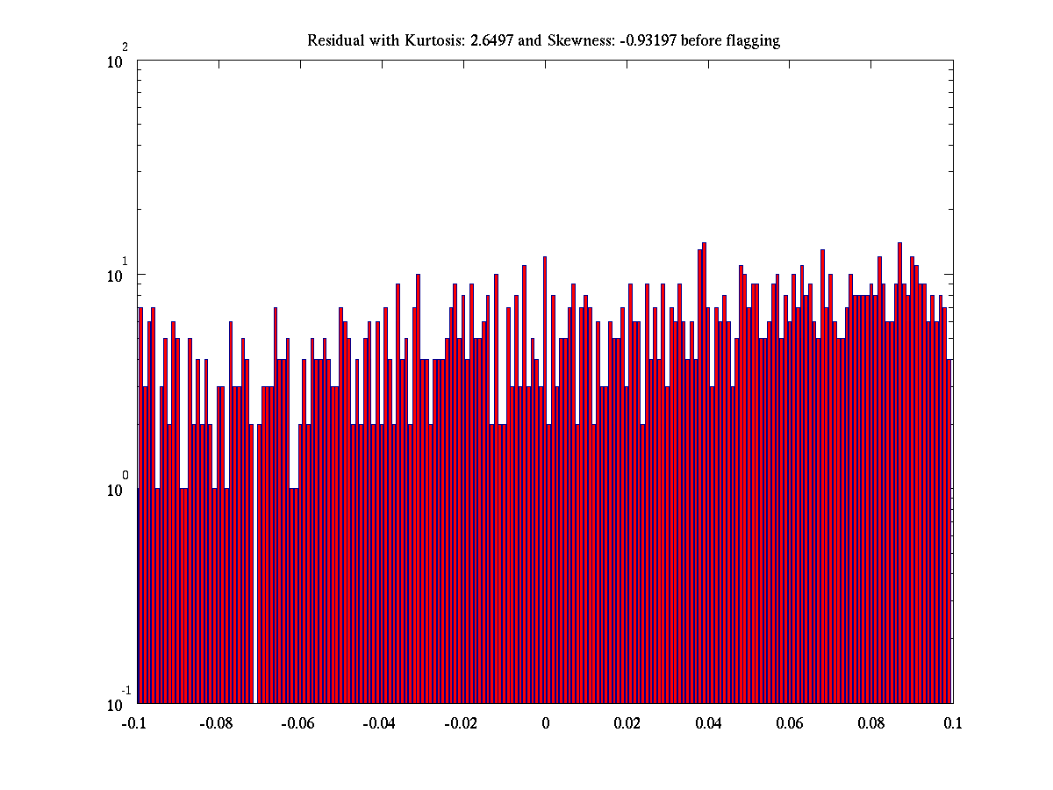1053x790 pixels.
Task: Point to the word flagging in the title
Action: coord(752,41)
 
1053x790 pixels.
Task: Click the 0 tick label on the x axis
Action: coord(545,724)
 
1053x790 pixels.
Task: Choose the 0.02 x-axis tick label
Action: coord(627,724)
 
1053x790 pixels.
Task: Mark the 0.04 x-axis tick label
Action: coord(709,724)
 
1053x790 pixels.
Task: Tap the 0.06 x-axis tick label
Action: coord(791,724)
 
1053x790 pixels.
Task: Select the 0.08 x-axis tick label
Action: coord(872,724)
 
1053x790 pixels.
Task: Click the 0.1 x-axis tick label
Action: coord(953,724)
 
